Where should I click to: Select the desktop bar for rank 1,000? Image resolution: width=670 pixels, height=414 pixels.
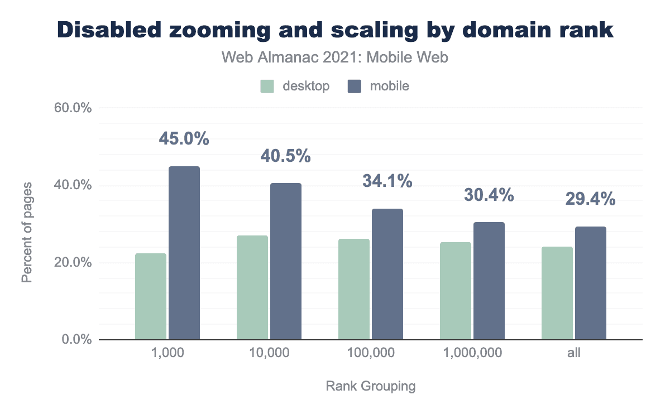[151, 296]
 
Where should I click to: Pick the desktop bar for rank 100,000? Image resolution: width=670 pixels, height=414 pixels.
[354, 289]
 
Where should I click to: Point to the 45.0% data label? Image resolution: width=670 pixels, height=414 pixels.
[184, 138]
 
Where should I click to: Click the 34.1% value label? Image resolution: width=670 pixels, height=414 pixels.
[387, 181]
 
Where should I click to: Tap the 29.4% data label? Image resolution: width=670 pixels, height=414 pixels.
[591, 199]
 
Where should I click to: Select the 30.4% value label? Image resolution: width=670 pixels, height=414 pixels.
[489, 195]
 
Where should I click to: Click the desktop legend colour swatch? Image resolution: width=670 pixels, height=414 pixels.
[267, 86]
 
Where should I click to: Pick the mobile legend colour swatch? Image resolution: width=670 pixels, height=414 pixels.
[355, 86]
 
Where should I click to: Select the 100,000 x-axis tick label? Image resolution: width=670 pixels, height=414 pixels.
[371, 353]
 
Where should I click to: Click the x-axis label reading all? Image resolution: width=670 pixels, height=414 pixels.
[574, 353]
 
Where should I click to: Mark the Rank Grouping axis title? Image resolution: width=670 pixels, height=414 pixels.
[371, 386]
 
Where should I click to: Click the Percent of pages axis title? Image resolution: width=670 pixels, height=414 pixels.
[27, 231]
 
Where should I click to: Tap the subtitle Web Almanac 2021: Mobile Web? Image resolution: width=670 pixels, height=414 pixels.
[335, 57]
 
